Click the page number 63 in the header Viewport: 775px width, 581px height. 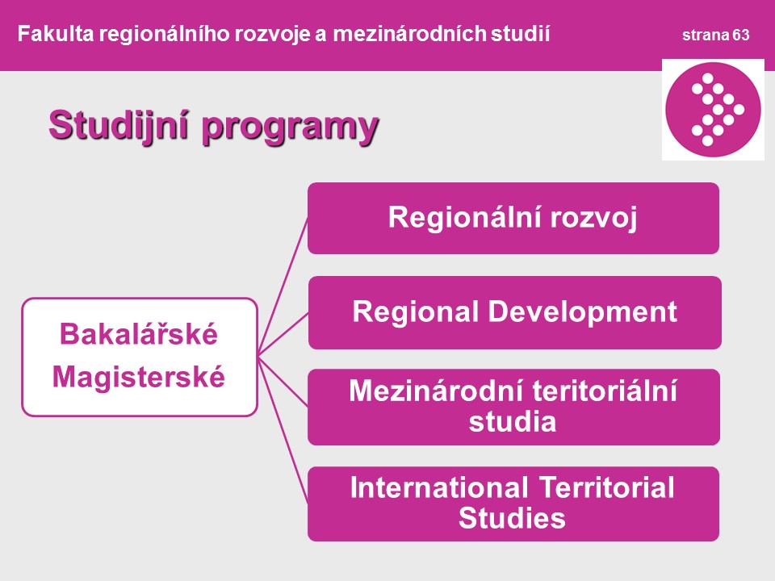point(741,35)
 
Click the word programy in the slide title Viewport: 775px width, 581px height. point(290,128)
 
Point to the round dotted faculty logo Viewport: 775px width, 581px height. point(713,110)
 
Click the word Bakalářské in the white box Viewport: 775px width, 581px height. point(139,333)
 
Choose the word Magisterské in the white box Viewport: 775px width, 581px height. point(139,377)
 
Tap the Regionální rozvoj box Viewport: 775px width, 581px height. point(513,219)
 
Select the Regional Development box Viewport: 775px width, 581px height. point(514,312)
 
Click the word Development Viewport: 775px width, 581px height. point(583,312)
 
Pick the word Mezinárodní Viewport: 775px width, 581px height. point(439,391)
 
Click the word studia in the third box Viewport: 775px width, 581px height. point(513,421)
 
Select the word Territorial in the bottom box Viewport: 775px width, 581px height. point(606,487)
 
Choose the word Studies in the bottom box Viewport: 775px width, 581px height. point(512,518)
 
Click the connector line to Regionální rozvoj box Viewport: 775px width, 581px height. point(283,286)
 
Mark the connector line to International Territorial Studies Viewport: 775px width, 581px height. point(283,430)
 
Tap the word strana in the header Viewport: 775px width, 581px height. point(706,35)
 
